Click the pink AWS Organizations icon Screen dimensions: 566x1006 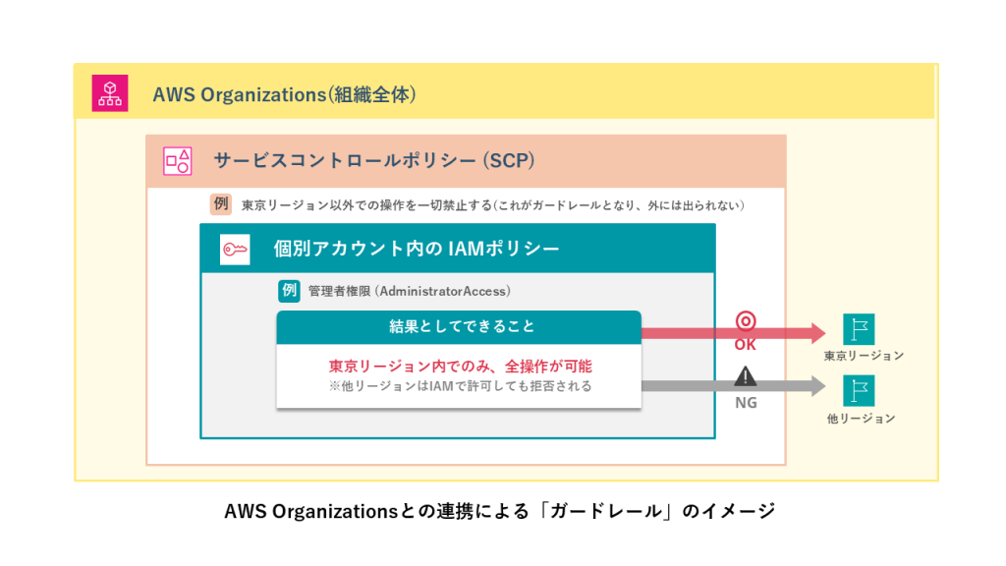click(x=109, y=93)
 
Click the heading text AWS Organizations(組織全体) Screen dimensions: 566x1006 click(x=285, y=95)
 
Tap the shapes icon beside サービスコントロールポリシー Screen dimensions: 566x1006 click(x=178, y=161)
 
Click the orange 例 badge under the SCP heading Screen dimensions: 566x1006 click(x=220, y=204)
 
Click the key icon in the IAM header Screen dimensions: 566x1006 click(x=235, y=249)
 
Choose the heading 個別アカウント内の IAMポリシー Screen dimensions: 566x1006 click(x=417, y=249)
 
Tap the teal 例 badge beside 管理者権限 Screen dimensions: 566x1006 click(x=289, y=291)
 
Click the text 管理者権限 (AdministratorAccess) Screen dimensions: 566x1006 click(x=409, y=292)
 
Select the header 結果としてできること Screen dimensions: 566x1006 click(x=458, y=326)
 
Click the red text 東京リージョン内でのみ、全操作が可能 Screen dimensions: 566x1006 click(x=460, y=366)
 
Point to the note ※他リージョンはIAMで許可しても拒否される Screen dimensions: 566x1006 click(x=460, y=386)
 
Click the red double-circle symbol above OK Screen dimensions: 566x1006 click(x=746, y=321)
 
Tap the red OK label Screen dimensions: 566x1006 click(x=746, y=345)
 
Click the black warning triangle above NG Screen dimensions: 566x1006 click(x=746, y=375)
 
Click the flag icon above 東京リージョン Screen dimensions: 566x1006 click(x=859, y=328)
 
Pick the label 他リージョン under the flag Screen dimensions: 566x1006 click(x=861, y=419)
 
